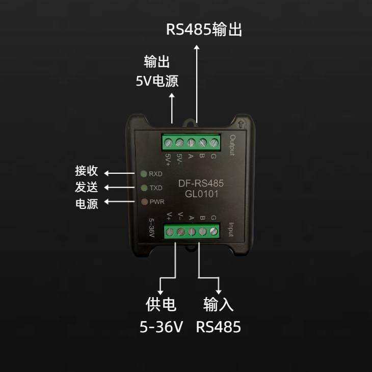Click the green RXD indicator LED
pyautogui.click(x=144, y=174)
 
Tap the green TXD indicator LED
pyautogui.click(x=144, y=188)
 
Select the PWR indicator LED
pyautogui.click(x=144, y=202)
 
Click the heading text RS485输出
pyautogui.click(x=204, y=30)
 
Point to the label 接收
pyautogui.click(x=86, y=171)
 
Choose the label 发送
pyautogui.click(x=86, y=187)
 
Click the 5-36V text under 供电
pyautogui.click(x=161, y=327)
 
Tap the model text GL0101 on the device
pyautogui.click(x=201, y=194)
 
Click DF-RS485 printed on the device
pyautogui.click(x=201, y=183)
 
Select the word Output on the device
pyautogui.click(x=232, y=145)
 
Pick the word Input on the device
pyautogui.click(x=231, y=229)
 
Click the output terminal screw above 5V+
pyautogui.click(x=168, y=143)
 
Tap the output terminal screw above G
pyautogui.click(x=214, y=143)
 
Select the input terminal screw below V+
pyautogui.click(x=170, y=232)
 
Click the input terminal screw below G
pyautogui.click(x=214, y=231)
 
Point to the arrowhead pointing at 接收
pyautogui.click(x=107, y=173)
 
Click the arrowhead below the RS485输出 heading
pyautogui.click(x=197, y=47)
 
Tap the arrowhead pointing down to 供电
pyautogui.click(x=161, y=292)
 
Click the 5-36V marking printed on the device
pyautogui.click(x=151, y=228)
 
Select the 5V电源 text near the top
pyautogui.click(x=157, y=81)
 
